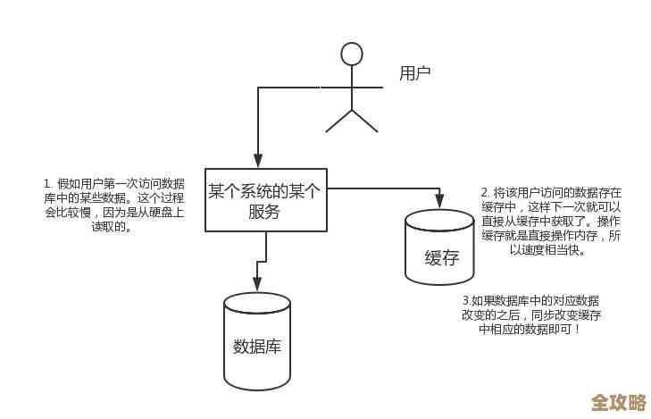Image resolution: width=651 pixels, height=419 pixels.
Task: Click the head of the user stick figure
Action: pyautogui.click(x=352, y=54)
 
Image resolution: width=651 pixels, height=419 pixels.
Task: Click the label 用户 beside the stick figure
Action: pyautogui.click(x=415, y=73)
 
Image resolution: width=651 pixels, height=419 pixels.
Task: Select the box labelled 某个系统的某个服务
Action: pyautogui.click(x=266, y=201)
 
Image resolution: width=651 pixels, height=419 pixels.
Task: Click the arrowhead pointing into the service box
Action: pyautogui.click(x=258, y=162)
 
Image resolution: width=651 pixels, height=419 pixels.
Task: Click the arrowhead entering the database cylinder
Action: pyautogui.click(x=257, y=285)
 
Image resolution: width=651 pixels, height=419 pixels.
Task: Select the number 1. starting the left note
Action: pyautogui.click(x=47, y=184)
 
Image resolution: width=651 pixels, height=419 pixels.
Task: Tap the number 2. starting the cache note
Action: pyautogui.click(x=485, y=192)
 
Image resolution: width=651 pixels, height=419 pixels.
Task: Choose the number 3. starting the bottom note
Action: pyautogui.click(x=466, y=301)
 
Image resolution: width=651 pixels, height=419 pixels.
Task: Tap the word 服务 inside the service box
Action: pyautogui.click(x=265, y=213)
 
